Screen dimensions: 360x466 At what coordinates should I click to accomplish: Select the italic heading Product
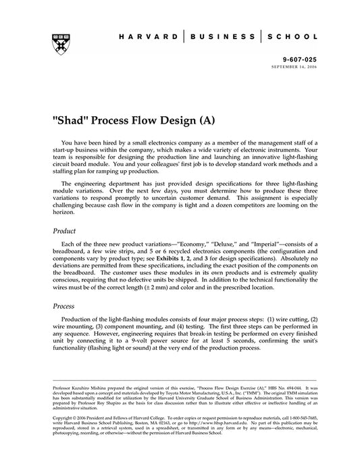[66, 231]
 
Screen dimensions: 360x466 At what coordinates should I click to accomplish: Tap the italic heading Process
[66, 306]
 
